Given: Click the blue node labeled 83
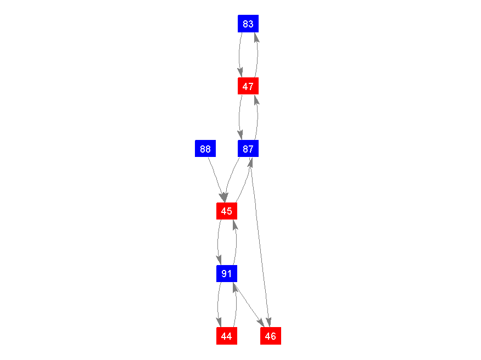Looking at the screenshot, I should (x=248, y=24).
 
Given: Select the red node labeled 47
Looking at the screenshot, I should (x=248, y=86).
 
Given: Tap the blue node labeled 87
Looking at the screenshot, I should (x=248, y=148).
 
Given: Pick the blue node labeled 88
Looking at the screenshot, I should (x=205, y=148).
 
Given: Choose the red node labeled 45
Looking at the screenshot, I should (x=227, y=211).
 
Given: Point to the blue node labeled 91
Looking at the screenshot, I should (x=227, y=273).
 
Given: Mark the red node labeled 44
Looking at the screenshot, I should (x=227, y=335).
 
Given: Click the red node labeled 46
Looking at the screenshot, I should (x=271, y=335).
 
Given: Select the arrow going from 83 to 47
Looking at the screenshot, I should (x=239, y=55).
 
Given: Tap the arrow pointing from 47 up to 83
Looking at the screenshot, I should (x=257, y=55).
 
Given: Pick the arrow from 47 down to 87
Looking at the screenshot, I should (x=239, y=117).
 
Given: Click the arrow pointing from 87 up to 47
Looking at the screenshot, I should (x=257, y=117).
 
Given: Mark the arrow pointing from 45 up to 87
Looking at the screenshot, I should (x=244, y=181).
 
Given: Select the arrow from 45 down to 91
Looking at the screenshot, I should (x=218, y=242).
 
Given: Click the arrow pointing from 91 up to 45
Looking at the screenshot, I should (x=236, y=242).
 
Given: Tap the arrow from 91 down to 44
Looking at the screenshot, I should (x=218, y=304).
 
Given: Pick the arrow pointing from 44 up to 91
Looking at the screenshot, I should (x=236, y=304).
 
